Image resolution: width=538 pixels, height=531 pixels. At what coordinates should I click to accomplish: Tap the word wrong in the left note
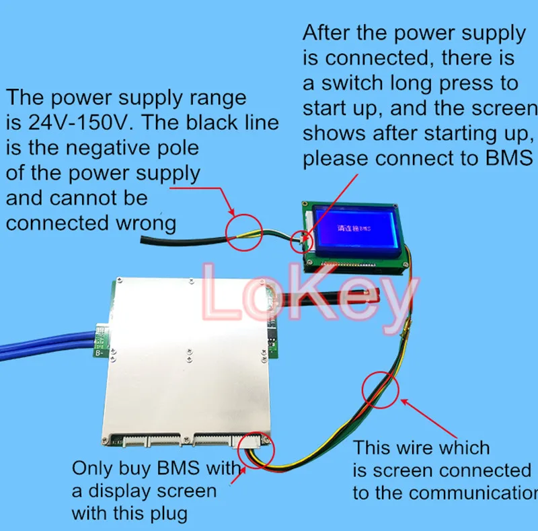tap(143, 222)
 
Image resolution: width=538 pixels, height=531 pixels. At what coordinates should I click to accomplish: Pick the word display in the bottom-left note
tap(117, 491)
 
